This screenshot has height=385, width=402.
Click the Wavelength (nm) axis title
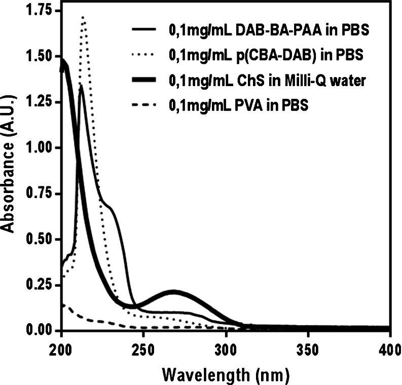point(226,374)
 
